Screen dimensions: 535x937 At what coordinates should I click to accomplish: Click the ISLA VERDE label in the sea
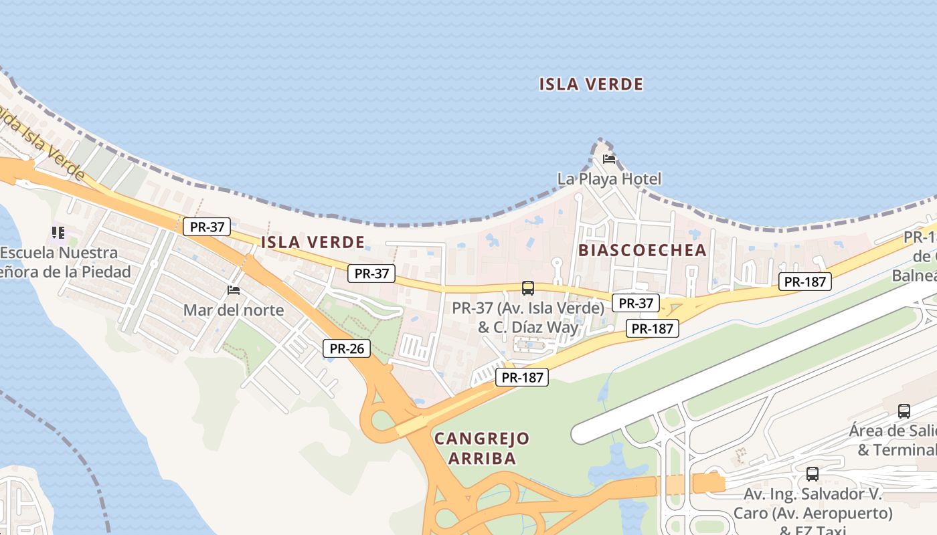click(x=591, y=84)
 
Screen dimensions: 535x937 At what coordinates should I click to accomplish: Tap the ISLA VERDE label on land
click(x=313, y=242)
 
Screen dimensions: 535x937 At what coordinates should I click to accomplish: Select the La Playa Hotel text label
click(x=609, y=179)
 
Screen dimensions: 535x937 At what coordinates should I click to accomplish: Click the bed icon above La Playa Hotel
click(x=609, y=159)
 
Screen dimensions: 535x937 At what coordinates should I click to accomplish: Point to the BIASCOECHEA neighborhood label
click(x=642, y=250)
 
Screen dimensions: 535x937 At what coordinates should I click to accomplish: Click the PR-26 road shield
click(x=347, y=348)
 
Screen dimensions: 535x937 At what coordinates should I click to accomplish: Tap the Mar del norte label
click(x=234, y=310)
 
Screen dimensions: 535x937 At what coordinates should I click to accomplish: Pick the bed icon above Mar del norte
click(x=234, y=290)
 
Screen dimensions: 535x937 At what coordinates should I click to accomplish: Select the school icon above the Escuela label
click(x=58, y=233)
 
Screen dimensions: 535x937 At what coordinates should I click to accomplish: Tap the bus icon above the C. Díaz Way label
click(x=528, y=288)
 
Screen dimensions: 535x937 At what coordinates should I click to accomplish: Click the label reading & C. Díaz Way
click(x=528, y=328)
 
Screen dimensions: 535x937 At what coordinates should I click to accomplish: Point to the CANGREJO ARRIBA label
click(x=482, y=449)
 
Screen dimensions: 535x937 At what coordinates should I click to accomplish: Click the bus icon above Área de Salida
click(x=904, y=411)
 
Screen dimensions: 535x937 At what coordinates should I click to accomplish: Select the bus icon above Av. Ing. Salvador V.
click(x=813, y=474)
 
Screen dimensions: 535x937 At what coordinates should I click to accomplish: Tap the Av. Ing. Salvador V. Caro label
click(x=813, y=504)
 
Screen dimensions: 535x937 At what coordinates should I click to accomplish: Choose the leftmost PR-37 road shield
click(x=207, y=227)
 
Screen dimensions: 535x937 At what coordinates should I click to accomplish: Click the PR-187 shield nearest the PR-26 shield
click(x=522, y=378)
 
